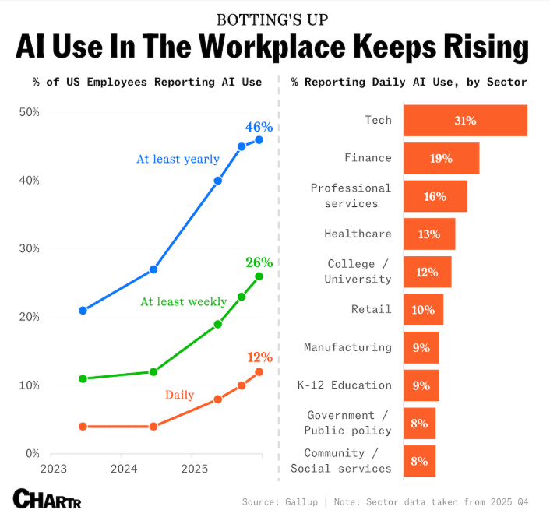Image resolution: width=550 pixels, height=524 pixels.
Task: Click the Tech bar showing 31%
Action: click(x=465, y=121)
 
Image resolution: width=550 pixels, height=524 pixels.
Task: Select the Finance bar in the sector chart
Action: click(x=441, y=158)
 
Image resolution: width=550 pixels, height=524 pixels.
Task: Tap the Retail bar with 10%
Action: click(x=423, y=310)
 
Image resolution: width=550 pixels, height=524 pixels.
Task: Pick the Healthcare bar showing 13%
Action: click(x=429, y=234)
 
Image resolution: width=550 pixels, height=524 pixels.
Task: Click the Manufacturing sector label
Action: click(x=347, y=347)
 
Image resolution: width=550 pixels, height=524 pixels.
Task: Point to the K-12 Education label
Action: click(x=344, y=385)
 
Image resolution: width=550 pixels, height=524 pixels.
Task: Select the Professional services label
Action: click(x=351, y=195)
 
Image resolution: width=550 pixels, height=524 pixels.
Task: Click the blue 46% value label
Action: click(x=259, y=127)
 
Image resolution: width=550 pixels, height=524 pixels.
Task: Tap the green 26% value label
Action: click(x=259, y=262)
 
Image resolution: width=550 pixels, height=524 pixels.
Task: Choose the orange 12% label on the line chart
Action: click(x=259, y=357)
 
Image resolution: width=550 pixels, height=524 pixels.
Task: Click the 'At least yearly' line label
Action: click(x=178, y=159)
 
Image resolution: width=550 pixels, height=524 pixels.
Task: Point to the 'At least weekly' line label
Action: click(x=183, y=301)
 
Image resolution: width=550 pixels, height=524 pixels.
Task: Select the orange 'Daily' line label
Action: click(x=179, y=395)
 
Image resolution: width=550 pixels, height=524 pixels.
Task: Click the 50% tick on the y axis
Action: click(x=29, y=112)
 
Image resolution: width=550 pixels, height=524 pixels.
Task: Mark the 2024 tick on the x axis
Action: click(x=123, y=469)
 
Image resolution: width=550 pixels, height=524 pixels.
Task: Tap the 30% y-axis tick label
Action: click(x=29, y=248)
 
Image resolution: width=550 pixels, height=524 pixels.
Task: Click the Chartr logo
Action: click(x=47, y=498)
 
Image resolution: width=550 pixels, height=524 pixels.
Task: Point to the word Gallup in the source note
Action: click(x=309, y=502)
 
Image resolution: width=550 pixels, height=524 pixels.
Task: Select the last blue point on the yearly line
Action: click(x=259, y=140)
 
